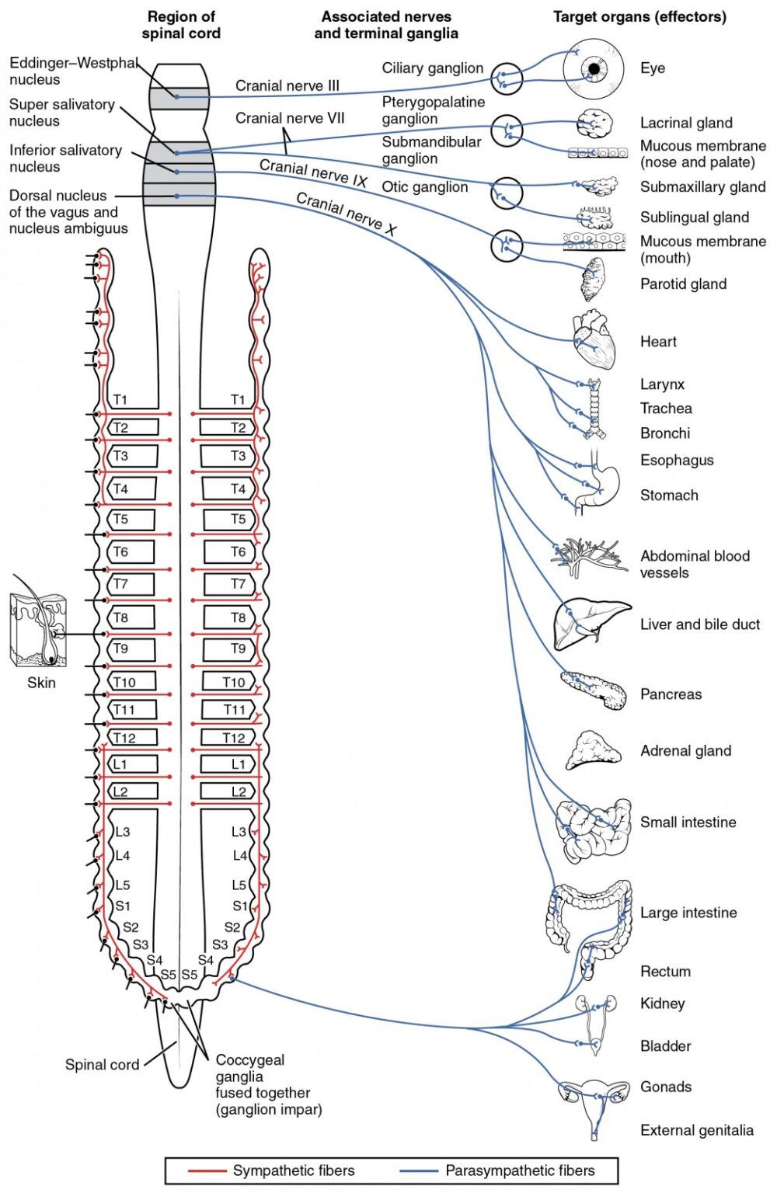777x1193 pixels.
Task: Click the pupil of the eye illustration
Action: click(x=594, y=69)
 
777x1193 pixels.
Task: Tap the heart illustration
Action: click(x=595, y=341)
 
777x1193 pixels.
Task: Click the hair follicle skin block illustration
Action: click(x=37, y=630)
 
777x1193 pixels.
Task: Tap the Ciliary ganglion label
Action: click(x=432, y=68)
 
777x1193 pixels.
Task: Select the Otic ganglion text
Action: click(x=424, y=187)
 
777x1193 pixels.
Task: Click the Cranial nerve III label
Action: click(x=287, y=85)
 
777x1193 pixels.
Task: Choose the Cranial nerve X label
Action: click(x=347, y=214)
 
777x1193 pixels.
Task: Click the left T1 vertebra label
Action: click(x=120, y=400)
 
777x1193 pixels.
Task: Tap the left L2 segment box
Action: click(x=132, y=791)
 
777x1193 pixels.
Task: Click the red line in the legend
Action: click(x=207, y=1170)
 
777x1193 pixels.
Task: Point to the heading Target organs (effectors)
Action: click(x=639, y=16)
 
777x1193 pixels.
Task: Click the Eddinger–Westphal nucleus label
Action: click(x=74, y=71)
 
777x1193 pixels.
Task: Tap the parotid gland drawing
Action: click(x=593, y=280)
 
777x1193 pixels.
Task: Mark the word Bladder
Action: click(x=665, y=1046)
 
